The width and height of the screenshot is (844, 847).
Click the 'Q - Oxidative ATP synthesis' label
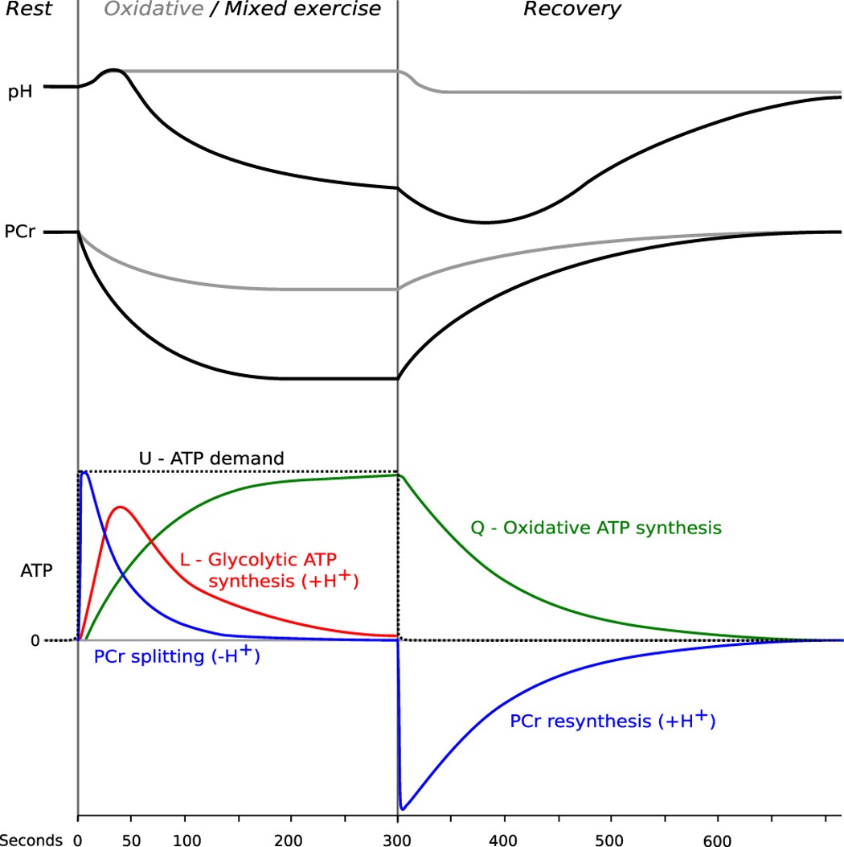point(596,528)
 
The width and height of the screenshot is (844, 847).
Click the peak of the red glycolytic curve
point(120,507)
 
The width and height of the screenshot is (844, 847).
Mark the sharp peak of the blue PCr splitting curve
point(84,473)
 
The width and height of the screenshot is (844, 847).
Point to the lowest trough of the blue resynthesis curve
point(403,808)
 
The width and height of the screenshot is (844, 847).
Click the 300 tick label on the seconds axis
point(397,839)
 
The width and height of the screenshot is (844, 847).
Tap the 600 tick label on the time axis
point(717,839)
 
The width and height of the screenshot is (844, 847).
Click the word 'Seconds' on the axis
point(31,839)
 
